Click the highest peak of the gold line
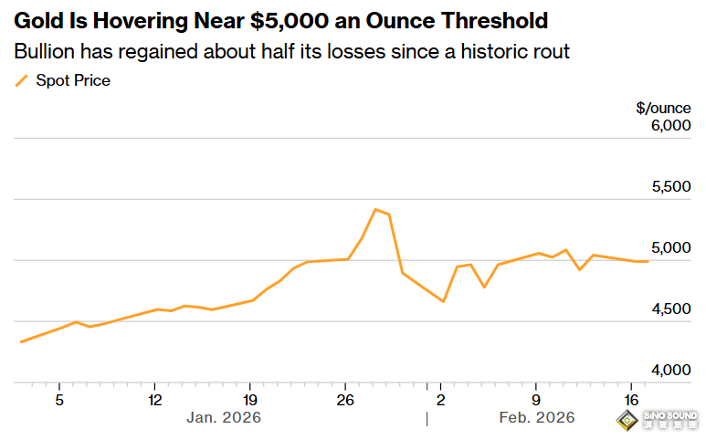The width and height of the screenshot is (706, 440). (375, 209)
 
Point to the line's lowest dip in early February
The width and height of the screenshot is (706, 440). (444, 301)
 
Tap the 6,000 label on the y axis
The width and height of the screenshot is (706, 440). (671, 126)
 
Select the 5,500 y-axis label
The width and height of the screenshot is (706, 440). (671, 187)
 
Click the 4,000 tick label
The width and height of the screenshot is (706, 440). (671, 371)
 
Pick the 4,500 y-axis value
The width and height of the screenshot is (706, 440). (671, 309)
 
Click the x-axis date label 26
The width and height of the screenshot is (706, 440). (345, 400)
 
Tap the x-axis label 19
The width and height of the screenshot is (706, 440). (250, 400)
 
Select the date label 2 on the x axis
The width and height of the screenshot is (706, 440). (440, 400)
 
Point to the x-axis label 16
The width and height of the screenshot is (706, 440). (631, 400)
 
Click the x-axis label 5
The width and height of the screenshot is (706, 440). (59, 400)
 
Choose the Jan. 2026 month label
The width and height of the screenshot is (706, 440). (224, 417)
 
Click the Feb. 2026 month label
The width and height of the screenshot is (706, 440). (537, 417)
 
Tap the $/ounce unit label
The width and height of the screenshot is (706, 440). (663, 109)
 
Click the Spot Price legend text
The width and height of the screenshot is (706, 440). (73, 80)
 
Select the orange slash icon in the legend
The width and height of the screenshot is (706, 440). (21, 81)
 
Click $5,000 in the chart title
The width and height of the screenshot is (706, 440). (289, 21)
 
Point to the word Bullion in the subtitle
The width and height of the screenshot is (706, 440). (44, 51)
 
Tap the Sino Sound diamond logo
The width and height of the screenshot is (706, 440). (627, 420)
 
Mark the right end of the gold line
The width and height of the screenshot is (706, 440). (648, 261)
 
